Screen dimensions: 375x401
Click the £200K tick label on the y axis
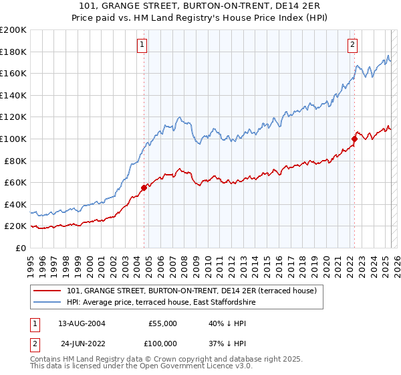(13, 30)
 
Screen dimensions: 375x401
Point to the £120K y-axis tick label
(13, 117)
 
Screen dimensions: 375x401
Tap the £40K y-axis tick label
(15, 204)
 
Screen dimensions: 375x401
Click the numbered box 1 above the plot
(143, 46)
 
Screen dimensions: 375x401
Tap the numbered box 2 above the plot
(352, 46)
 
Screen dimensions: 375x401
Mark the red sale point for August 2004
(144, 187)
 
